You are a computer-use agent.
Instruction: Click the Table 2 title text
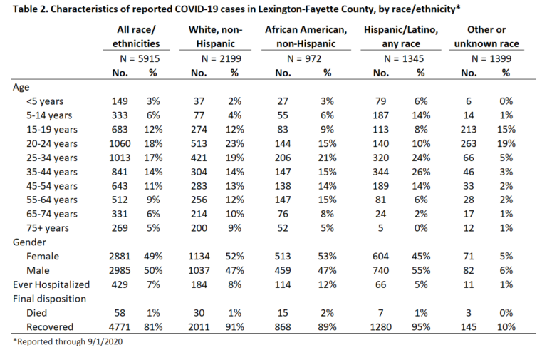[x=236, y=9]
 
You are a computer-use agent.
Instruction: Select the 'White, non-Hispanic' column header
[x=215, y=36]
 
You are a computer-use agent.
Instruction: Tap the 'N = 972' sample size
[x=304, y=58]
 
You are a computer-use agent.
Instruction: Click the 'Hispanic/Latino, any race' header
[x=401, y=36]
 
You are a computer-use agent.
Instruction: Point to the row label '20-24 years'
[x=51, y=144]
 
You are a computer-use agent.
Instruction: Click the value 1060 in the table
[x=120, y=143]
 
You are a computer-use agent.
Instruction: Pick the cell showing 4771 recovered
[x=120, y=327]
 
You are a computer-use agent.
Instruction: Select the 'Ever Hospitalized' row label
[x=51, y=284]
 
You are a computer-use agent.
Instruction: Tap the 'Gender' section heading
[x=29, y=242]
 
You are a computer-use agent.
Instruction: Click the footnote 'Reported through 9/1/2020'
[x=68, y=341]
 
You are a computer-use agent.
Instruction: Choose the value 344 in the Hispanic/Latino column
[x=380, y=172]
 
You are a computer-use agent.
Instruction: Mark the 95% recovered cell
[x=421, y=327]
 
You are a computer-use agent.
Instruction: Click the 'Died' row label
[x=36, y=313]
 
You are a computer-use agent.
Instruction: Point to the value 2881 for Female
[x=120, y=257]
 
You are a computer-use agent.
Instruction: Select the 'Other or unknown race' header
[x=486, y=36]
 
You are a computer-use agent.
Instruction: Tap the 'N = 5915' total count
[x=140, y=58]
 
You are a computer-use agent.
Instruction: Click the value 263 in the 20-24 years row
[x=469, y=143]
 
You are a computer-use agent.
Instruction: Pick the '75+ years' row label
[x=48, y=228]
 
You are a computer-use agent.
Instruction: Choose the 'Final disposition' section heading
[x=49, y=299]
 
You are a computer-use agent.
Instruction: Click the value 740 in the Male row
[x=380, y=271]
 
